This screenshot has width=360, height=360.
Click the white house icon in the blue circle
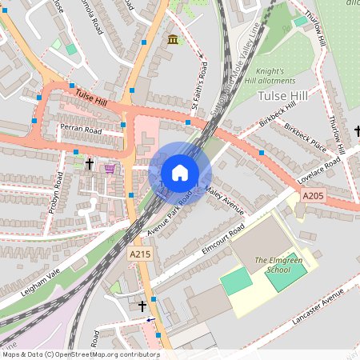tap(180, 173)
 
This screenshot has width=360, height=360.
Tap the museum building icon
tap(173, 40)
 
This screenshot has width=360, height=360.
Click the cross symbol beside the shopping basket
tap(90, 165)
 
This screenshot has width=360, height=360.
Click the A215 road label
tap(139, 253)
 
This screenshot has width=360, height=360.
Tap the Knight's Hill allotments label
tap(281, 76)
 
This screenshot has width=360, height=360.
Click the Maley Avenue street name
tap(223, 200)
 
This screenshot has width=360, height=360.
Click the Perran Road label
tap(80, 128)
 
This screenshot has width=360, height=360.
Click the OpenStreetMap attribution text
tap(81, 354)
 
